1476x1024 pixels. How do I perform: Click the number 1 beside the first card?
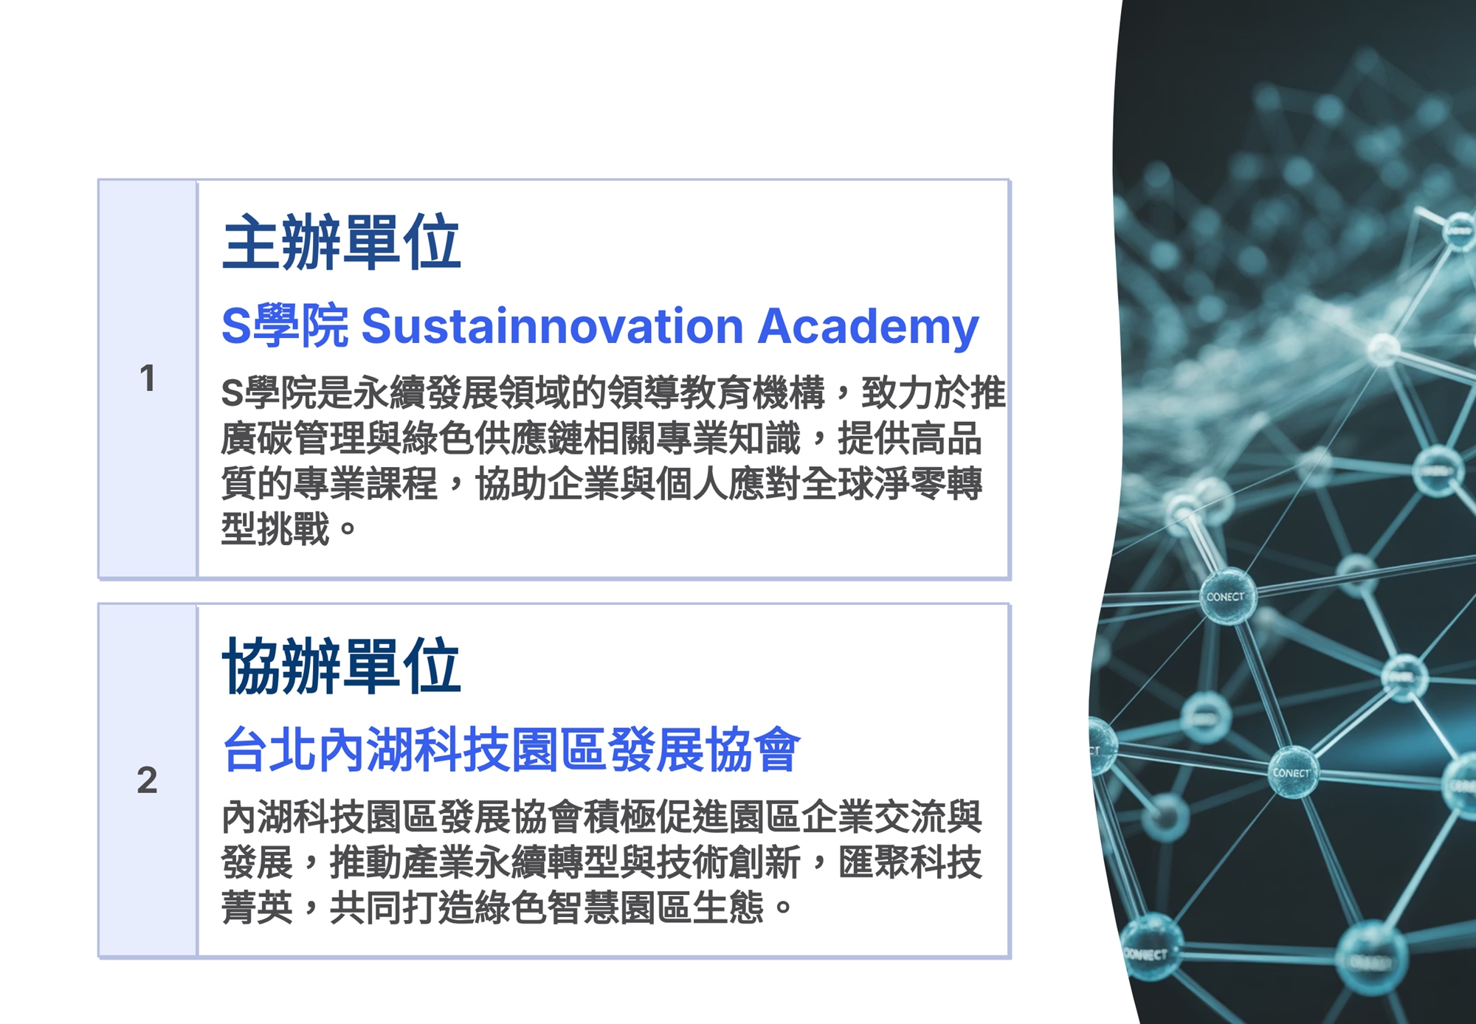147,378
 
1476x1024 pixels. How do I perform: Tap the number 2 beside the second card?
147,780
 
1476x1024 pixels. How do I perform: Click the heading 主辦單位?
342,243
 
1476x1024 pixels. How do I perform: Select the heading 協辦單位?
342,666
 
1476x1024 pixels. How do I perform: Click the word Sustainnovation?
553,325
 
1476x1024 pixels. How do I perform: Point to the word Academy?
869,327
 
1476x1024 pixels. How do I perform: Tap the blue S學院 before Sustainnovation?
285,325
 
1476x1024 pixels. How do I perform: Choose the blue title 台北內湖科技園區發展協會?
511,750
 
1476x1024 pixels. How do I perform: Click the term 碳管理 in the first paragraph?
311,438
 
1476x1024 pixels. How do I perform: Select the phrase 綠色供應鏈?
492,438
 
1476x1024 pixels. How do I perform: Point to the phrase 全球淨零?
873,484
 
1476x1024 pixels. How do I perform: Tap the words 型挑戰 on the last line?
275,529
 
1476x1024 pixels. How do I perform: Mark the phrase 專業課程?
366,484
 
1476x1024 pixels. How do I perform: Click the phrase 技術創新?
728,862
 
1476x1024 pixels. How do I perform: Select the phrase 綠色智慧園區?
583,907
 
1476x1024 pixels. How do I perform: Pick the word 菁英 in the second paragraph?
258,907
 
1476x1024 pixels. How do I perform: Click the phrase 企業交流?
873,816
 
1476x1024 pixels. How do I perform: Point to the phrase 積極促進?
655,816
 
